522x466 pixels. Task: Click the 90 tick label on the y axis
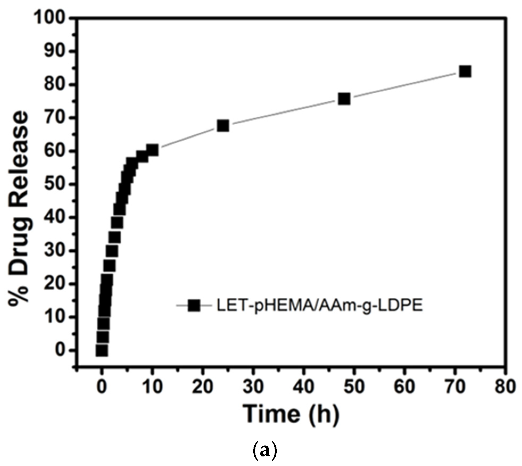54,52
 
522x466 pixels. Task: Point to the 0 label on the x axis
102,386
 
